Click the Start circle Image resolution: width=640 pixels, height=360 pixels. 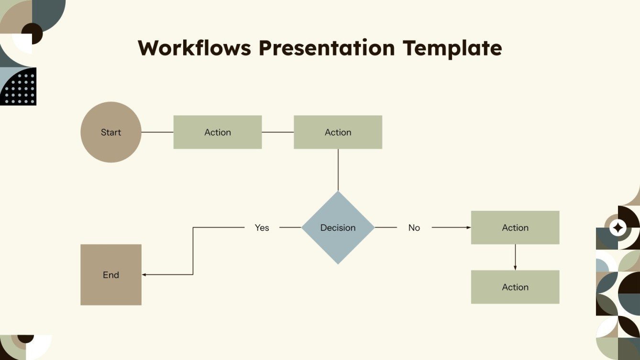[x=111, y=132]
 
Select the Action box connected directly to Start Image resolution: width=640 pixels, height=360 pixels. [x=218, y=132]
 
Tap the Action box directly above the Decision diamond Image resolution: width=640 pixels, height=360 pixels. [x=338, y=132]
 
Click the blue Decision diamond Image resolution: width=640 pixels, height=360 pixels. [x=338, y=228]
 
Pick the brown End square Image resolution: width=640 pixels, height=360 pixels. [x=111, y=275]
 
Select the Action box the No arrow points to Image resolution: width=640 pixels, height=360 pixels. [x=515, y=228]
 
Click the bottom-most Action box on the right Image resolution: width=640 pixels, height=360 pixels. [x=515, y=287]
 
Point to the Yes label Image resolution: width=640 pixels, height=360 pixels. [x=262, y=228]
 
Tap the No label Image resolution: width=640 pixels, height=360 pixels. [x=414, y=228]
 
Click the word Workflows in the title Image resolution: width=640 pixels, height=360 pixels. [x=195, y=48]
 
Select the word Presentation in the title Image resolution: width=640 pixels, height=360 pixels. [x=327, y=48]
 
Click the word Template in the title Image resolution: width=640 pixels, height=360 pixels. [x=452, y=48]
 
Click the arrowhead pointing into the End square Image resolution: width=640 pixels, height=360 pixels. [x=144, y=275]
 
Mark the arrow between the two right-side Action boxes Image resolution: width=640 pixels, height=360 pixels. [x=515, y=258]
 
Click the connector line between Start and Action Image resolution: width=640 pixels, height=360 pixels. [x=157, y=132]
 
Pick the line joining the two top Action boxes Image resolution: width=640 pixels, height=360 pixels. [x=277, y=132]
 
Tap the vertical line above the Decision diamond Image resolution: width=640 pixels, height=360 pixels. [x=338, y=170]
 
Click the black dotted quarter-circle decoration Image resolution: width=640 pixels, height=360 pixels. [x=19, y=87]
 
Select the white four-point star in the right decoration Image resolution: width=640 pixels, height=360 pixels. [x=618, y=228]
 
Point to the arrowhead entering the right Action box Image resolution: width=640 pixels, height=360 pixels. [x=469, y=228]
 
